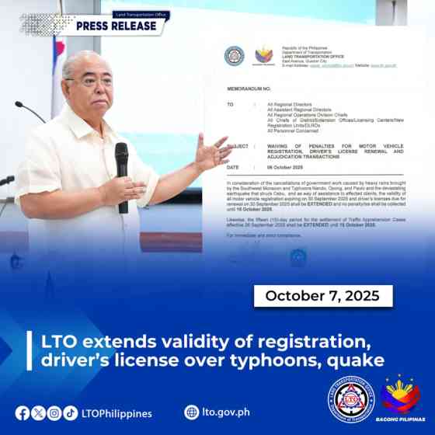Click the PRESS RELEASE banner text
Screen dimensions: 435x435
[x=120, y=25]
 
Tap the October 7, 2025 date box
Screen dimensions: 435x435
[x=323, y=296]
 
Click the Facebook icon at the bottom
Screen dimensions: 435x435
[x=23, y=412]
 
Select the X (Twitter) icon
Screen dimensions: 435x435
[x=38, y=412]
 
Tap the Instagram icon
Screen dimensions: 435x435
[x=54, y=412]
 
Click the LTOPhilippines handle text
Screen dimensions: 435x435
[x=117, y=413]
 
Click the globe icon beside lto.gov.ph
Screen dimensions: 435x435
[x=191, y=412]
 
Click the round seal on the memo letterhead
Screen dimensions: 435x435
[x=234, y=56]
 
